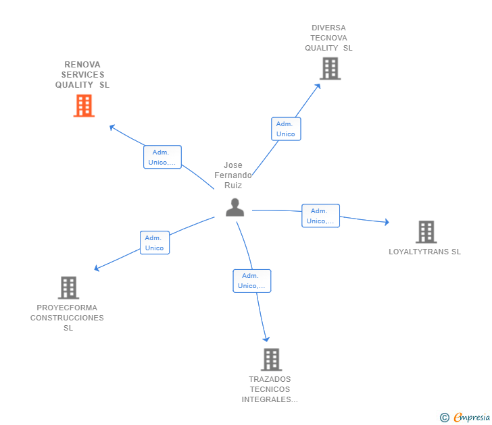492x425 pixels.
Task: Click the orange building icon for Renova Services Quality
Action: [84, 106]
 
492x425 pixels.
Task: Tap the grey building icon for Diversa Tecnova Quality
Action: [330, 68]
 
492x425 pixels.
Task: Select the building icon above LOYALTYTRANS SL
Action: [426, 231]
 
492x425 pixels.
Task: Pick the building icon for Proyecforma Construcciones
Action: [68, 287]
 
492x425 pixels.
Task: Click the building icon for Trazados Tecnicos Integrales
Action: [271, 360]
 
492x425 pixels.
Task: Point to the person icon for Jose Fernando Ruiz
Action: [235, 207]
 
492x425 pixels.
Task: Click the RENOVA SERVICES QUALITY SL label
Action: [82, 75]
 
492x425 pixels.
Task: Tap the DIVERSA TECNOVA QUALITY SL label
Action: [328, 38]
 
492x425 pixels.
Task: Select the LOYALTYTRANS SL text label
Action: [424, 252]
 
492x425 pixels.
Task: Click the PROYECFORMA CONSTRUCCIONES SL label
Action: [68, 318]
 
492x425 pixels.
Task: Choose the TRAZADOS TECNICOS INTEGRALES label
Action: [270, 389]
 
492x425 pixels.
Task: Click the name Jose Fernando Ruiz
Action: [233, 175]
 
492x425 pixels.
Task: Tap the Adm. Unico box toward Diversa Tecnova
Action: [286, 129]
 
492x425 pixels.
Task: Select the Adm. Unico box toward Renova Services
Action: [162, 157]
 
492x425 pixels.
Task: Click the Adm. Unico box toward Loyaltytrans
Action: [320, 216]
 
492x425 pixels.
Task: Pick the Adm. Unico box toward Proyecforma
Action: [154, 243]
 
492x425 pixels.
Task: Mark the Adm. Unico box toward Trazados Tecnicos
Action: [251, 281]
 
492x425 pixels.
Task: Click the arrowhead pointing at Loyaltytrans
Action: [387, 222]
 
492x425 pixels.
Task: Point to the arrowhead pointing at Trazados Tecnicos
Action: [266, 339]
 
